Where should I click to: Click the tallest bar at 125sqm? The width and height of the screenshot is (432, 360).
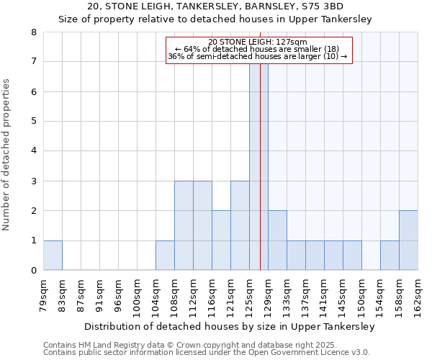tap(258, 166)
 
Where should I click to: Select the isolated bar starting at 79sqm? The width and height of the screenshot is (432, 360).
tap(53, 256)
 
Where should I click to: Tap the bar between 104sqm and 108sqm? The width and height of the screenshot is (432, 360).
tap(165, 256)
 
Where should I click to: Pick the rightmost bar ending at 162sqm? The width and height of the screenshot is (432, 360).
tap(408, 240)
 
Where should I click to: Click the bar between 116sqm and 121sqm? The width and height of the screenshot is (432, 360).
tap(221, 240)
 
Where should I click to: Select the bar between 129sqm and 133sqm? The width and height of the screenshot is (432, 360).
tap(277, 240)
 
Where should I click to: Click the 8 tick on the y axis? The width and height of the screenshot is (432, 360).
tap(33, 32)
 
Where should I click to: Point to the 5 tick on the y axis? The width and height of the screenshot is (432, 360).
tap(33, 122)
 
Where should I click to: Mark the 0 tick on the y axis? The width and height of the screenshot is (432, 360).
tap(33, 271)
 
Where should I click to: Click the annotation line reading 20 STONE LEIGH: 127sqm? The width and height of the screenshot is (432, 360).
tap(258, 42)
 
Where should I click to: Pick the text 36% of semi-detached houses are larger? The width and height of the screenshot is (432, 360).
tap(258, 56)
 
